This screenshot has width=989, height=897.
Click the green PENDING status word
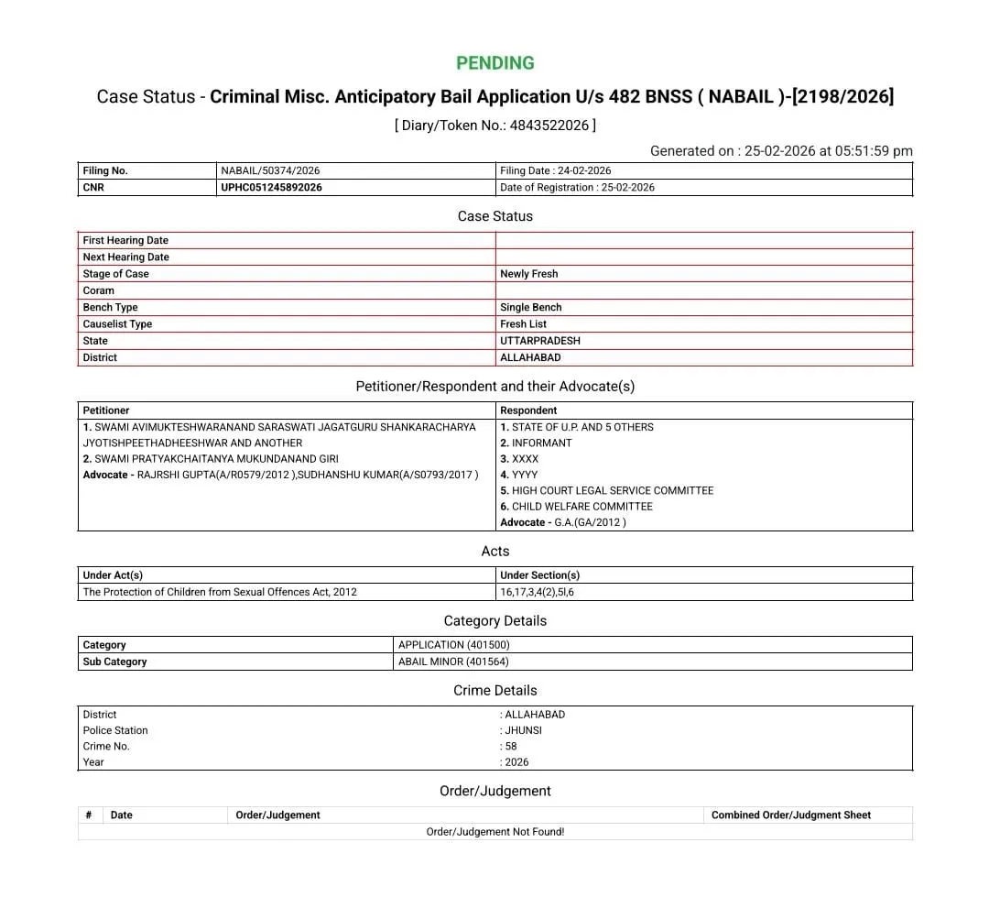494,63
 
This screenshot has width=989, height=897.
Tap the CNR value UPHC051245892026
271,188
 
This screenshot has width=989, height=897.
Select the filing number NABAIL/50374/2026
270,170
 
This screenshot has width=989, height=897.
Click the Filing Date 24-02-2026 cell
556,170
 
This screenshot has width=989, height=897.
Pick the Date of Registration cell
577,188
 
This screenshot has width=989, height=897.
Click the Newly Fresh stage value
528,274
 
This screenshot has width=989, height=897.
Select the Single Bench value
530,308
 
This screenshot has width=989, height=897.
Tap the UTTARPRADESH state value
540,341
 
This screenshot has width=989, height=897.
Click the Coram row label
99,290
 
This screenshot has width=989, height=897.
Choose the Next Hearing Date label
125,257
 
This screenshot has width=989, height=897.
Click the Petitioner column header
106,410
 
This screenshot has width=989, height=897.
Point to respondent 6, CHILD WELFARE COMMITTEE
576,507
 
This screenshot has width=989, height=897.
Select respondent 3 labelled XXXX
519,459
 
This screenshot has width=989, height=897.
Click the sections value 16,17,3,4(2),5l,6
537,592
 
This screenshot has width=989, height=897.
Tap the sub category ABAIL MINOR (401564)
453,662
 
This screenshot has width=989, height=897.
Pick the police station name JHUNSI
524,730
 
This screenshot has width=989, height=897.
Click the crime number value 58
511,746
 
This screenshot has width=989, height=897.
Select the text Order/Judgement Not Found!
494,832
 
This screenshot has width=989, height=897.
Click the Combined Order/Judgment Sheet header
791,815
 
